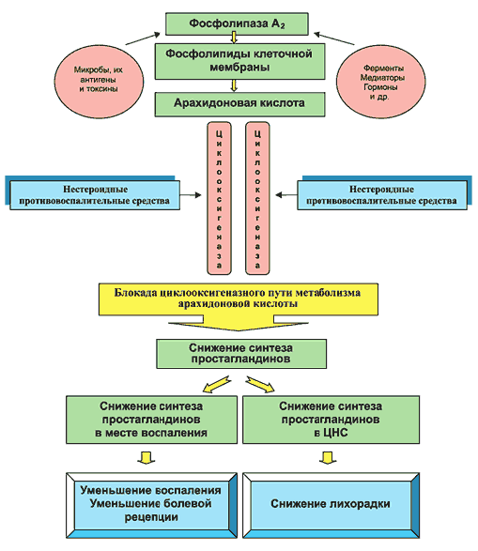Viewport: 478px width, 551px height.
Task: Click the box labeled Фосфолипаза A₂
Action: [x=237, y=23]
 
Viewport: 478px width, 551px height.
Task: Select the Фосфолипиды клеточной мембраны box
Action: [x=239, y=61]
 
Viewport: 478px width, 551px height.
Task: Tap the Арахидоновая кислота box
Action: [x=239, y=104]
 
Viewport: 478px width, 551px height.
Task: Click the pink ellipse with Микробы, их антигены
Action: [x=99, y=81]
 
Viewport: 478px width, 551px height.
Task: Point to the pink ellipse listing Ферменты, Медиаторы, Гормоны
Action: [x=380, y=82]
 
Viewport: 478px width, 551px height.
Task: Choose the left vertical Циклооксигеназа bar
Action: [x=220, y=198]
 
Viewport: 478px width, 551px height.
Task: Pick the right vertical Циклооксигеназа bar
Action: [x=257, y=198]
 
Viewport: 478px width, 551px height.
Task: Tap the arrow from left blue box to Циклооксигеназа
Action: [x=191, y=195]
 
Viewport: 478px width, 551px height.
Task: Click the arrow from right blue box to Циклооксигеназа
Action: [x=286, y=195]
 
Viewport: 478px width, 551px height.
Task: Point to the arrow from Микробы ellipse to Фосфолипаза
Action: [x=143, y=39]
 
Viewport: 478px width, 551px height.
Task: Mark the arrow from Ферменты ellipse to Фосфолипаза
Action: [x=334, y=38]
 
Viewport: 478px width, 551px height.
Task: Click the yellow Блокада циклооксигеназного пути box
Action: [x=239, y=298]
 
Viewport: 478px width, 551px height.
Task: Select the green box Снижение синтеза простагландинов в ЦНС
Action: [x=331, y=420]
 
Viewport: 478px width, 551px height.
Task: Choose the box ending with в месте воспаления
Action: [x=151, y=420]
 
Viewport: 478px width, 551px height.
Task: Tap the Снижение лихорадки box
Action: [x=331, y=505]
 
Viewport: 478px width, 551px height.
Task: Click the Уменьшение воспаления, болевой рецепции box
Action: [x=151, y=505]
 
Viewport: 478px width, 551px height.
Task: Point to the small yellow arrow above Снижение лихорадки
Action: [x=328, y=458]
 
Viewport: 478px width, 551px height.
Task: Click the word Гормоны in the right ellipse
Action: [x=380, y=87]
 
